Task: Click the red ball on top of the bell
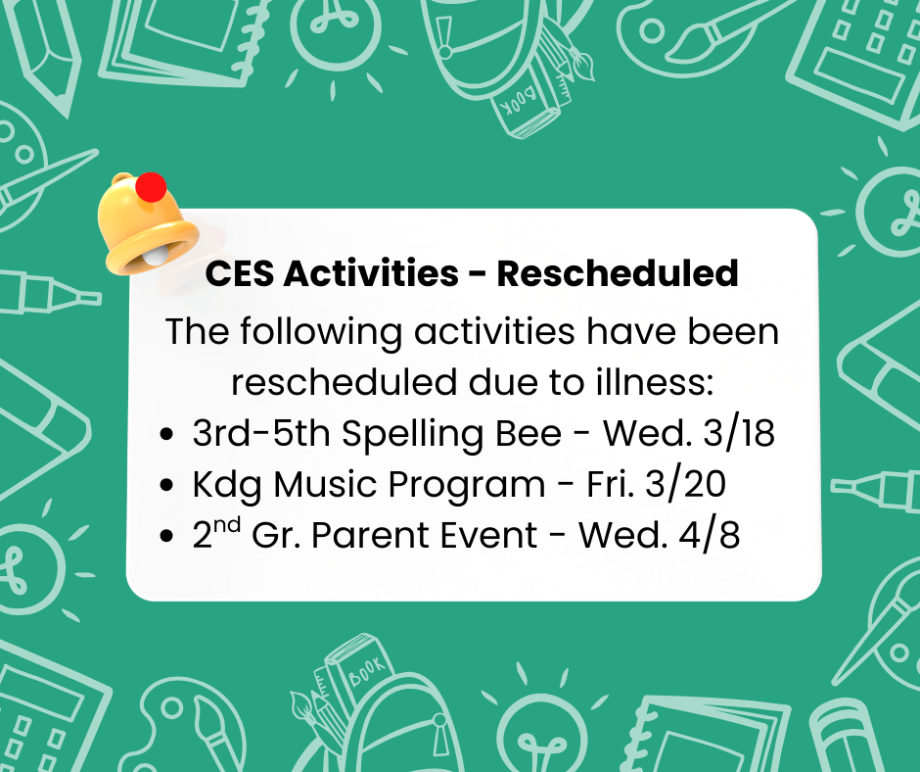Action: click(151, 187)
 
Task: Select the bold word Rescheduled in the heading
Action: click(618, 273)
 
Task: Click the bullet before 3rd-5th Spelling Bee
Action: click(168, 435)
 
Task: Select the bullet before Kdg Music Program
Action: click(168, 486)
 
